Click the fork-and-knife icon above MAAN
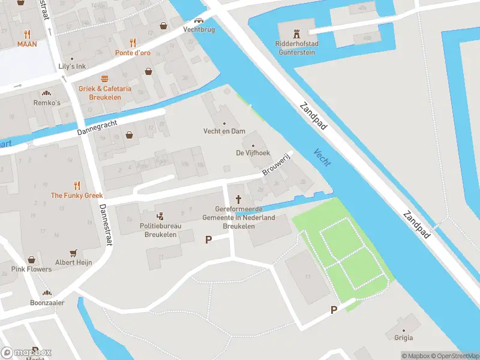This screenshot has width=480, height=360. tap(27, 34)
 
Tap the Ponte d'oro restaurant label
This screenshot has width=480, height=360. tap(133, 53)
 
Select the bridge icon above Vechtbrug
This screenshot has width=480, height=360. tap(198, 19)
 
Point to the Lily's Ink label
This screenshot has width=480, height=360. tap(72, 66)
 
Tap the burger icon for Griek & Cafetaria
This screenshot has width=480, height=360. tap(105, 79)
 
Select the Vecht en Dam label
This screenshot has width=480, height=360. tap(224, 131)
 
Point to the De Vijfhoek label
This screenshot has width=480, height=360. tap(253, 153)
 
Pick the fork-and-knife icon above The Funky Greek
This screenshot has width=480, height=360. tap(76, 185)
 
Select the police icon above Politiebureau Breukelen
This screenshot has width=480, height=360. tap(160, 217)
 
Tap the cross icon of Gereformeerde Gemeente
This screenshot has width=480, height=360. tap(239, 199)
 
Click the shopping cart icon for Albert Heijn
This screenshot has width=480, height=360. tap(74, 253)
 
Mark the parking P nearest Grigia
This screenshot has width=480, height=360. tap(334, 310)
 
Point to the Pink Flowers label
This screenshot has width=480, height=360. tap(31, 269)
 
